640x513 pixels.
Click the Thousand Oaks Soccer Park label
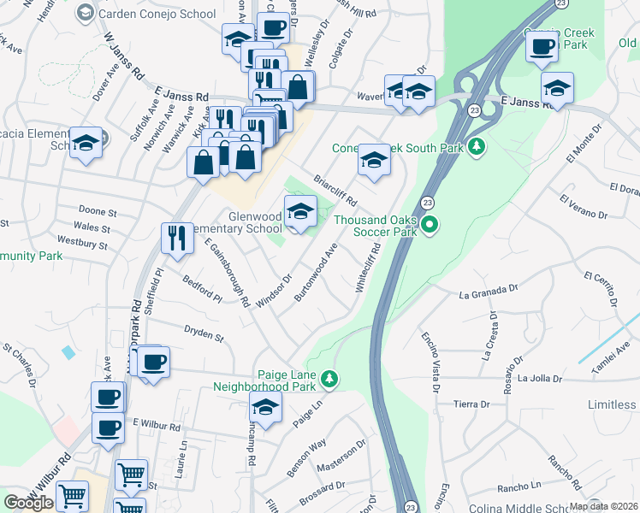(x=375, y=226)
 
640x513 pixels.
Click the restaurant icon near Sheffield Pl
(x=176, y=239)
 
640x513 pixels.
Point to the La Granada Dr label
(x=489, y=293)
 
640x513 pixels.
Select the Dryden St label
(x=204, y=333)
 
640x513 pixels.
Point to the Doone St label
(x=97, y=210)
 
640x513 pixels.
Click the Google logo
(x=28, y=503)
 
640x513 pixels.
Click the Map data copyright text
(x=603, y=506)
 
